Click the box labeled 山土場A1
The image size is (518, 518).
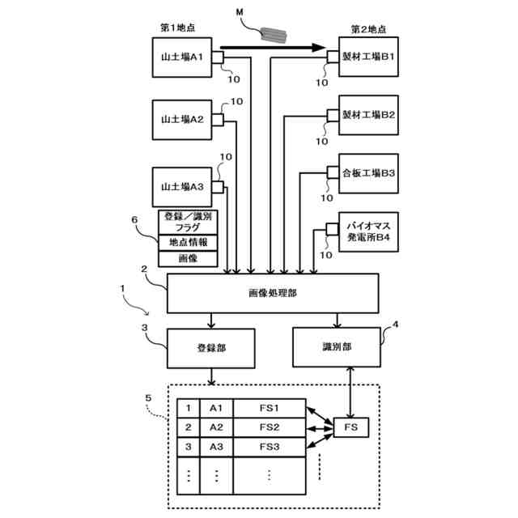[x=182, y=57]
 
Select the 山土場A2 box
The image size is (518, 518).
[x=182, y=120]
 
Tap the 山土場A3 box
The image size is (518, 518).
[x=182, y=187]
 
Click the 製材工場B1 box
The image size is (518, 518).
[x=368, y=57]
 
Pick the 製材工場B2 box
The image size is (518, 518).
[x=368, y=115]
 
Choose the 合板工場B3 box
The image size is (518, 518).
[x=368, y=173]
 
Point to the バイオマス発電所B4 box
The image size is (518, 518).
[x=368, y=232]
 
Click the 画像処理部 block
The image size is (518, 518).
[x=273, y=293]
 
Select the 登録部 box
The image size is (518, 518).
[x=211, y=348]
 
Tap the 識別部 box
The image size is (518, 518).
[x=337, y=347]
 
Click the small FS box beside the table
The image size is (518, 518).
[x=350, y=427]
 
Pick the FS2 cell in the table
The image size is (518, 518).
[x=270, y=428]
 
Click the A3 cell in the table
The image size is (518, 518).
[x=216, y=448]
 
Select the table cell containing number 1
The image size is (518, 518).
[x=189, y=408]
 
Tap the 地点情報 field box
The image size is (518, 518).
[x=188, y=243]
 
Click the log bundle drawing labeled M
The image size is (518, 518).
[x=274, y=35]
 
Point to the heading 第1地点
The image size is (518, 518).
[x=178, y=28]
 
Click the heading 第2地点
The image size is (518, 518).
[x=368, y=29]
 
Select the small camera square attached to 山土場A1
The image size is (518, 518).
[x=218, y=57]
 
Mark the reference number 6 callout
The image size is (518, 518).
[x=134, y=219]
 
